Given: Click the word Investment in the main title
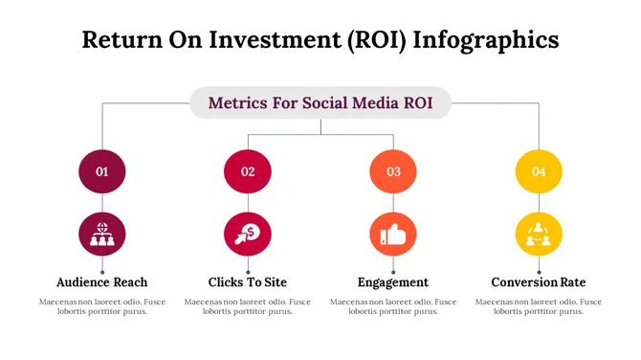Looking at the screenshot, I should tap(276, 39).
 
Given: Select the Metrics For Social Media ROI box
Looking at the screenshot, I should tap(320, 102).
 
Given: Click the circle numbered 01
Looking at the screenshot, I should tap(102, 172).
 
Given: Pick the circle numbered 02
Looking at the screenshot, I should tap(248, 172).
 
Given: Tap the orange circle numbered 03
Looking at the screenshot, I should tap(393, 172).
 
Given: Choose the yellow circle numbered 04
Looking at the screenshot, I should tap(539, 172).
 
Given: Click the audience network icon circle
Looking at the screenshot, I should tap(102, 234).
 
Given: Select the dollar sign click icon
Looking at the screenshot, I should tap(248, 234).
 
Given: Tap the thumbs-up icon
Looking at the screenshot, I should tap(393, 234).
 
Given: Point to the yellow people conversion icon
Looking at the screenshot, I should tap(539, 234).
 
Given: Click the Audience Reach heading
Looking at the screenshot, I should tap(102, 282).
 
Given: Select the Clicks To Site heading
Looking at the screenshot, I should tap(248, 282).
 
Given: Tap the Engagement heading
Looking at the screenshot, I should tap(393, 282).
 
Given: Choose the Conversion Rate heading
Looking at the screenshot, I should tap(539, 282).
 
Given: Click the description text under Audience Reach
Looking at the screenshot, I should tap(102, 306).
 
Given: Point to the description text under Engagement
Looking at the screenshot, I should tap(393, 306).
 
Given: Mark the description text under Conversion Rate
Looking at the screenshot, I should tap(539, 306).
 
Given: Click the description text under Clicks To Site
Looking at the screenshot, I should tap(248, 306).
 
